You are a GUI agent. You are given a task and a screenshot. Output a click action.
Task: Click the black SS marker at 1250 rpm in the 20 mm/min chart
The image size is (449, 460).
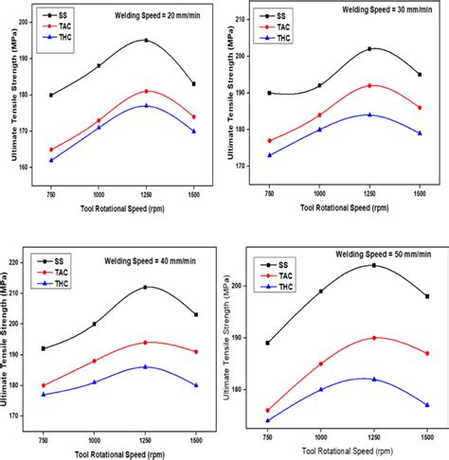click(146, 40)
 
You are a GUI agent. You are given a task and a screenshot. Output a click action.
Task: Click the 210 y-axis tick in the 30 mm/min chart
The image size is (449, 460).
click(250, 19)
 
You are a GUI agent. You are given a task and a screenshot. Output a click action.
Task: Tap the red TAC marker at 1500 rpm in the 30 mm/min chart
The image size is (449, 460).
click(419, 108)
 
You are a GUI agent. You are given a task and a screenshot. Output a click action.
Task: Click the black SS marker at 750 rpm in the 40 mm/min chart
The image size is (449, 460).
click(44, 348)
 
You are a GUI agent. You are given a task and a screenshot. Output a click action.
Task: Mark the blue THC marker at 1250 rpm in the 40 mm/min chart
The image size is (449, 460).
click(144, 366)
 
